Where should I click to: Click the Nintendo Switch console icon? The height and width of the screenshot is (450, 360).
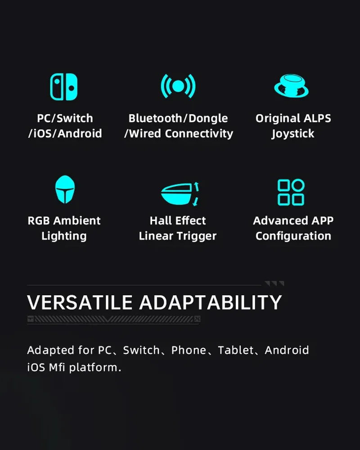tap(64, 87)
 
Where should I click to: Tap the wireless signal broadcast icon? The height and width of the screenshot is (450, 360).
tap(178, 86)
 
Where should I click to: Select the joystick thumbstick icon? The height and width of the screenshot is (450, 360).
tap(291, 86)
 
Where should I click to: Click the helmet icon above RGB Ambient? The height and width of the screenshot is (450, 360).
tap(65, 189)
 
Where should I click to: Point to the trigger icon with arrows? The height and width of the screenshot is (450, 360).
tap(180, 194)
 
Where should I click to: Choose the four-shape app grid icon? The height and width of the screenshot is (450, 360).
tap(291, 192)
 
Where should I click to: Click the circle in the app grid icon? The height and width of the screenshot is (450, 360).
tap(298, 185)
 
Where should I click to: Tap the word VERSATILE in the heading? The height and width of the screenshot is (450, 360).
tap(80, 302)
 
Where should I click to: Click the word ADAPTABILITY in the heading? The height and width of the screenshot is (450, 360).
tap(211, 302)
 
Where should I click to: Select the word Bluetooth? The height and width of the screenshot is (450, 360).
tap(155, 118)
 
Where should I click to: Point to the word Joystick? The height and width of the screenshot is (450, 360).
tap(293, 134)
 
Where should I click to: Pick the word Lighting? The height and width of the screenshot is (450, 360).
tap(64, 236)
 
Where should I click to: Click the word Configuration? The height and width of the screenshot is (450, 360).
tap(293, 236)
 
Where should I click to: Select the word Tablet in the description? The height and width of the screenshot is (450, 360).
tap(236, 350)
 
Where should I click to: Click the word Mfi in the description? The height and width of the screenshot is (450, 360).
tap(57, 367)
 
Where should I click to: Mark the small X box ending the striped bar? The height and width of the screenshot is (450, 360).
tap(197, 319)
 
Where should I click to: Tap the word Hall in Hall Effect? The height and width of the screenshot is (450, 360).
tap(158, 220)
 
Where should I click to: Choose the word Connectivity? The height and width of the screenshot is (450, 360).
tap(199, 134)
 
